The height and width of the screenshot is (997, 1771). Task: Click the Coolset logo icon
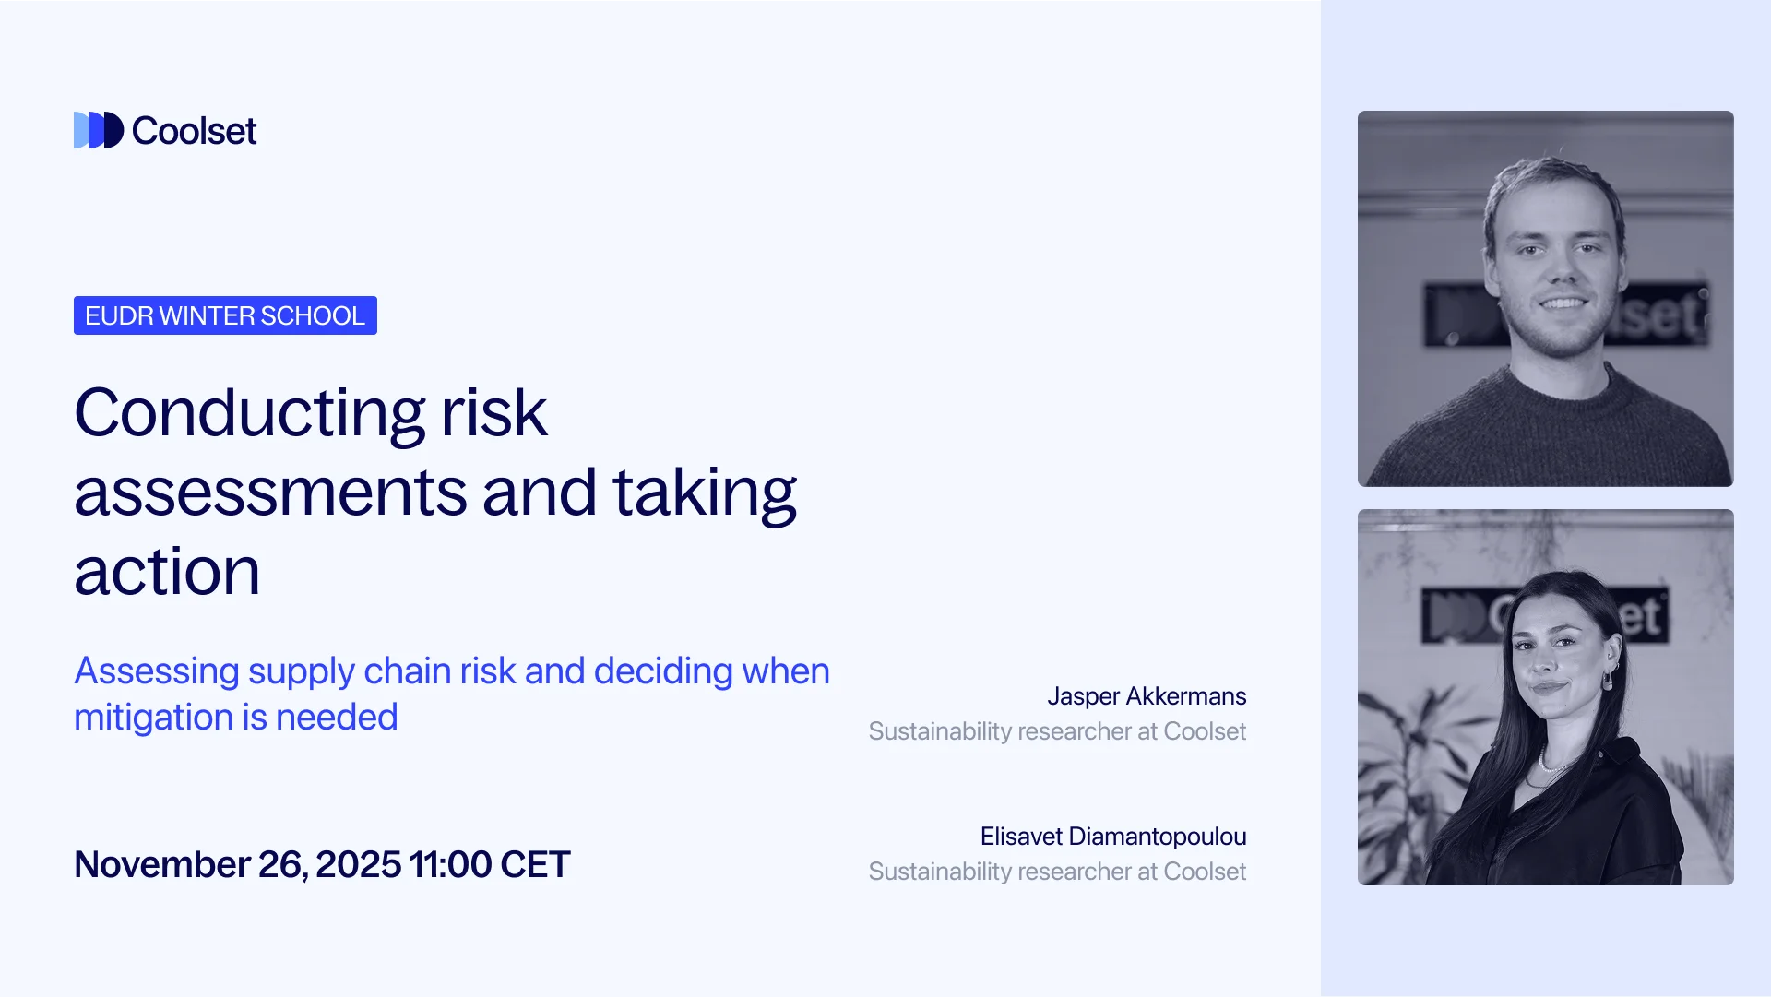99,130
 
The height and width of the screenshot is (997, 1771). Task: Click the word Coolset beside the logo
194,131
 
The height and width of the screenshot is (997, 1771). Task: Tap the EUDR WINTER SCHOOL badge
225,315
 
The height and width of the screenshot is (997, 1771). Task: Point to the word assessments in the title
270,492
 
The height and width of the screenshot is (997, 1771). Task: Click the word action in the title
167,572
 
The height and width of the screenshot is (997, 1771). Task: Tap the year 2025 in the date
358,864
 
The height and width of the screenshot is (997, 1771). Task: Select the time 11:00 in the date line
450,864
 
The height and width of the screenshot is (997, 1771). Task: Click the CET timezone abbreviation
535,864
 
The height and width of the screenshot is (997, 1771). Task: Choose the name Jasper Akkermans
1147,696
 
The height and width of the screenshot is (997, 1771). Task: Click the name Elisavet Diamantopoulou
1113,837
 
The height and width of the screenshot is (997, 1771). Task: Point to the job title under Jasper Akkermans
1057,731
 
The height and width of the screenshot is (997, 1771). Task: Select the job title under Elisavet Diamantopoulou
1057,872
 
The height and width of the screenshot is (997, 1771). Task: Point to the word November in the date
162,864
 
